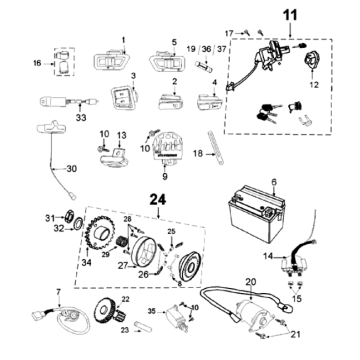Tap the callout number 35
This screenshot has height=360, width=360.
[x=152, y=312]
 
